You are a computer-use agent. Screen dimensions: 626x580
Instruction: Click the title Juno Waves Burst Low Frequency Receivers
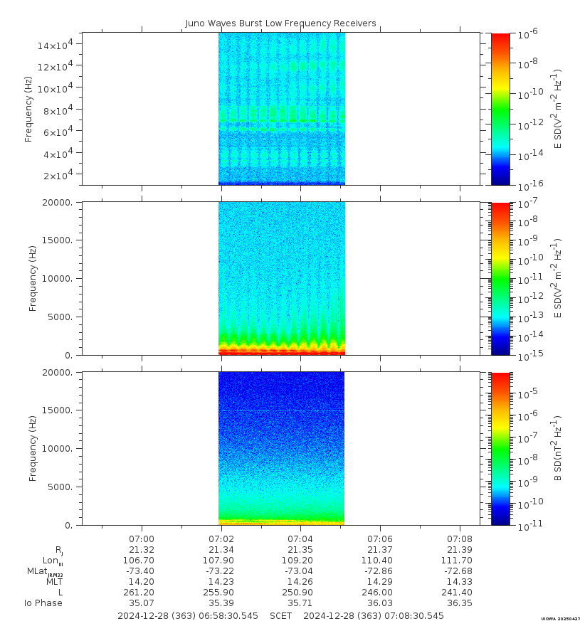coord(280,23)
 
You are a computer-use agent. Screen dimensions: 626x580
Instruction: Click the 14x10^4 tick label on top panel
coord(60,45)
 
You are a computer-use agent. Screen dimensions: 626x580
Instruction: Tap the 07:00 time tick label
coord(142,539)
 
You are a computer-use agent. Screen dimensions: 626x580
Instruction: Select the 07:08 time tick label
coord(460,539)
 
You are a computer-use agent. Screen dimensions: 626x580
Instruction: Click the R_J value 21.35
coord(300,550)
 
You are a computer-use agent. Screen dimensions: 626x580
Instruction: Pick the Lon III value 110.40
coord(380,561)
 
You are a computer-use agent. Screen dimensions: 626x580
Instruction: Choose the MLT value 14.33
coord(460,582)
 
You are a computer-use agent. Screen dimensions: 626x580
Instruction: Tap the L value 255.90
coord(221,593)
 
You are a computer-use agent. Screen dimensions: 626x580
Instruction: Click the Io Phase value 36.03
coord(380,603)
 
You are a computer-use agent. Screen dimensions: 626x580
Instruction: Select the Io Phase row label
coord(43,603)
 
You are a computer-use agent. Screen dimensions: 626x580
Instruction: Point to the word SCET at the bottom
coord(282,615)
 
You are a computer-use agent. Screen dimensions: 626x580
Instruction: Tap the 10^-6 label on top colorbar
coord(528,33)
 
